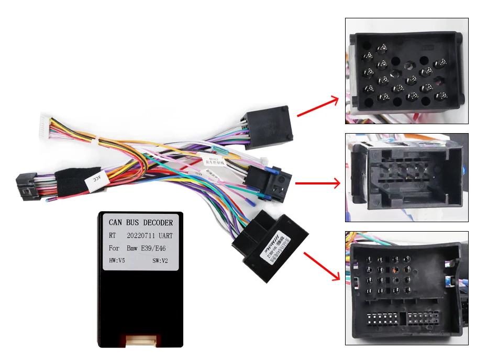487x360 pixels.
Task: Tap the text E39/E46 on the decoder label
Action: pyautogui.click(x=158, y=247)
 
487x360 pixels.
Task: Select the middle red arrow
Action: pyautogui.click(x=317, y=183)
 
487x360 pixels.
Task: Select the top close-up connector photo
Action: pyautogui.click(x=406, y=71)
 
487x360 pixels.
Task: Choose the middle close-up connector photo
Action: pyautogui.click(x=406, y=177)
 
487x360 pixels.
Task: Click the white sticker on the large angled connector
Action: pyautogui.click(x=274, y=245)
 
